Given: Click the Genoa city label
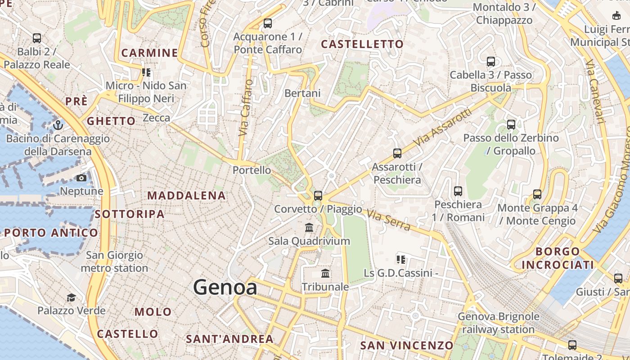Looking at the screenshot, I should point(225,288).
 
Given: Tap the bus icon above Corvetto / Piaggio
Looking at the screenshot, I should point(318,196).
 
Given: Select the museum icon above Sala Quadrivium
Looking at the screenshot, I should point(309,228).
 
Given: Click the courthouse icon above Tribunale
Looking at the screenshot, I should point(325,274).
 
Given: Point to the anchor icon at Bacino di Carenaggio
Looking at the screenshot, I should point(58,125).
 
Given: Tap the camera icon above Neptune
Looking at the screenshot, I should point(81,178).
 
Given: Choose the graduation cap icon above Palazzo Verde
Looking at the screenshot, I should point(71,297).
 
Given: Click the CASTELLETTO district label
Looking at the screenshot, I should point(362,44).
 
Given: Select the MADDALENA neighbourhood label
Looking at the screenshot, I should point(186,195).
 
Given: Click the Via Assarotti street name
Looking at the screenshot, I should point(443,127).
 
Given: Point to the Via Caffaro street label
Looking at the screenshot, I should point(246,108).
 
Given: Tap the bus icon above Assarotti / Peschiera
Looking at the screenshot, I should point(397,153).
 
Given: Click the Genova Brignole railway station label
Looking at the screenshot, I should point(498,323).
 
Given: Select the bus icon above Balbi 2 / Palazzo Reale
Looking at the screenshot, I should point(37,38).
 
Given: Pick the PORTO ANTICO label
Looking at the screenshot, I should point(51,233).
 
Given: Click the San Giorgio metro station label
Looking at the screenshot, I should point(114,261).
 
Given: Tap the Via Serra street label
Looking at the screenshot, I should point(389,220).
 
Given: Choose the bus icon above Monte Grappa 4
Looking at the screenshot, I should point(537,194).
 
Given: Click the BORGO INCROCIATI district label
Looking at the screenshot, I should point(558,258).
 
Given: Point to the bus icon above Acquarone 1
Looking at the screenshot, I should point(268,23).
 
